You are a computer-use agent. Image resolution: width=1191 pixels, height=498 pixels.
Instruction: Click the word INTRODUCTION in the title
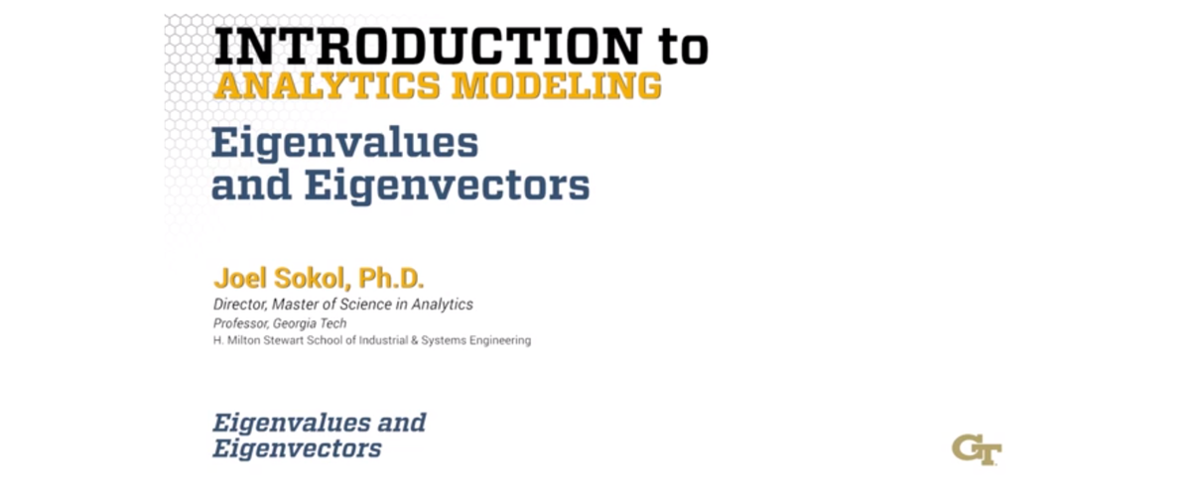coord(427,46)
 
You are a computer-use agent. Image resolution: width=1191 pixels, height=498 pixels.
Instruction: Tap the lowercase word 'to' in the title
coord(681,46)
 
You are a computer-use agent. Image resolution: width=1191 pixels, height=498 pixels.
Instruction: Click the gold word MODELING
coord(556,86)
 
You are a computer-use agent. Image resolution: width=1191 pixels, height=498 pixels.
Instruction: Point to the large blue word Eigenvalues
coord(344,145)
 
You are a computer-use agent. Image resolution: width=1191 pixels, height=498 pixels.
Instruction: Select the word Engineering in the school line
coord(502,340)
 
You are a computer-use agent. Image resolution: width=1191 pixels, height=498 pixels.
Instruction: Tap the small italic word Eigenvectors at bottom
coord(297,448)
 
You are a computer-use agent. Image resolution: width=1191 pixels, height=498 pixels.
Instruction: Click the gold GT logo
coord(977,448)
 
